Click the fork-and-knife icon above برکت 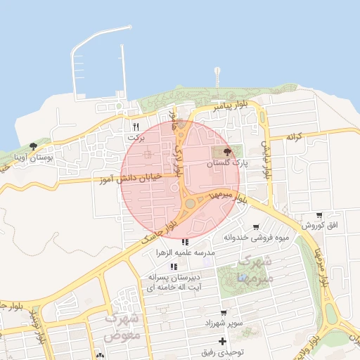pyautogui.click(x=136, y=127)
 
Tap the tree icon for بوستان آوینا pyautogui.click(x=33, y=146)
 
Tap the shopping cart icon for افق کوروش pyautogui.click(x=320, y=215)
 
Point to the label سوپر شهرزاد pyautogui.click(x=224, y=322)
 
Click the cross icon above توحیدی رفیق pyautogui.click(x=223, y=341)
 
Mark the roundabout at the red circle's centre pyautogui.click(x=190, y=204)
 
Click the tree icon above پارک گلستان pyautogui.click(x=226, y=152)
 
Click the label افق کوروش pyautogui.click(x=320, y=226)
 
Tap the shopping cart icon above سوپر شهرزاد pyautogui.click(x=224, y=312)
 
